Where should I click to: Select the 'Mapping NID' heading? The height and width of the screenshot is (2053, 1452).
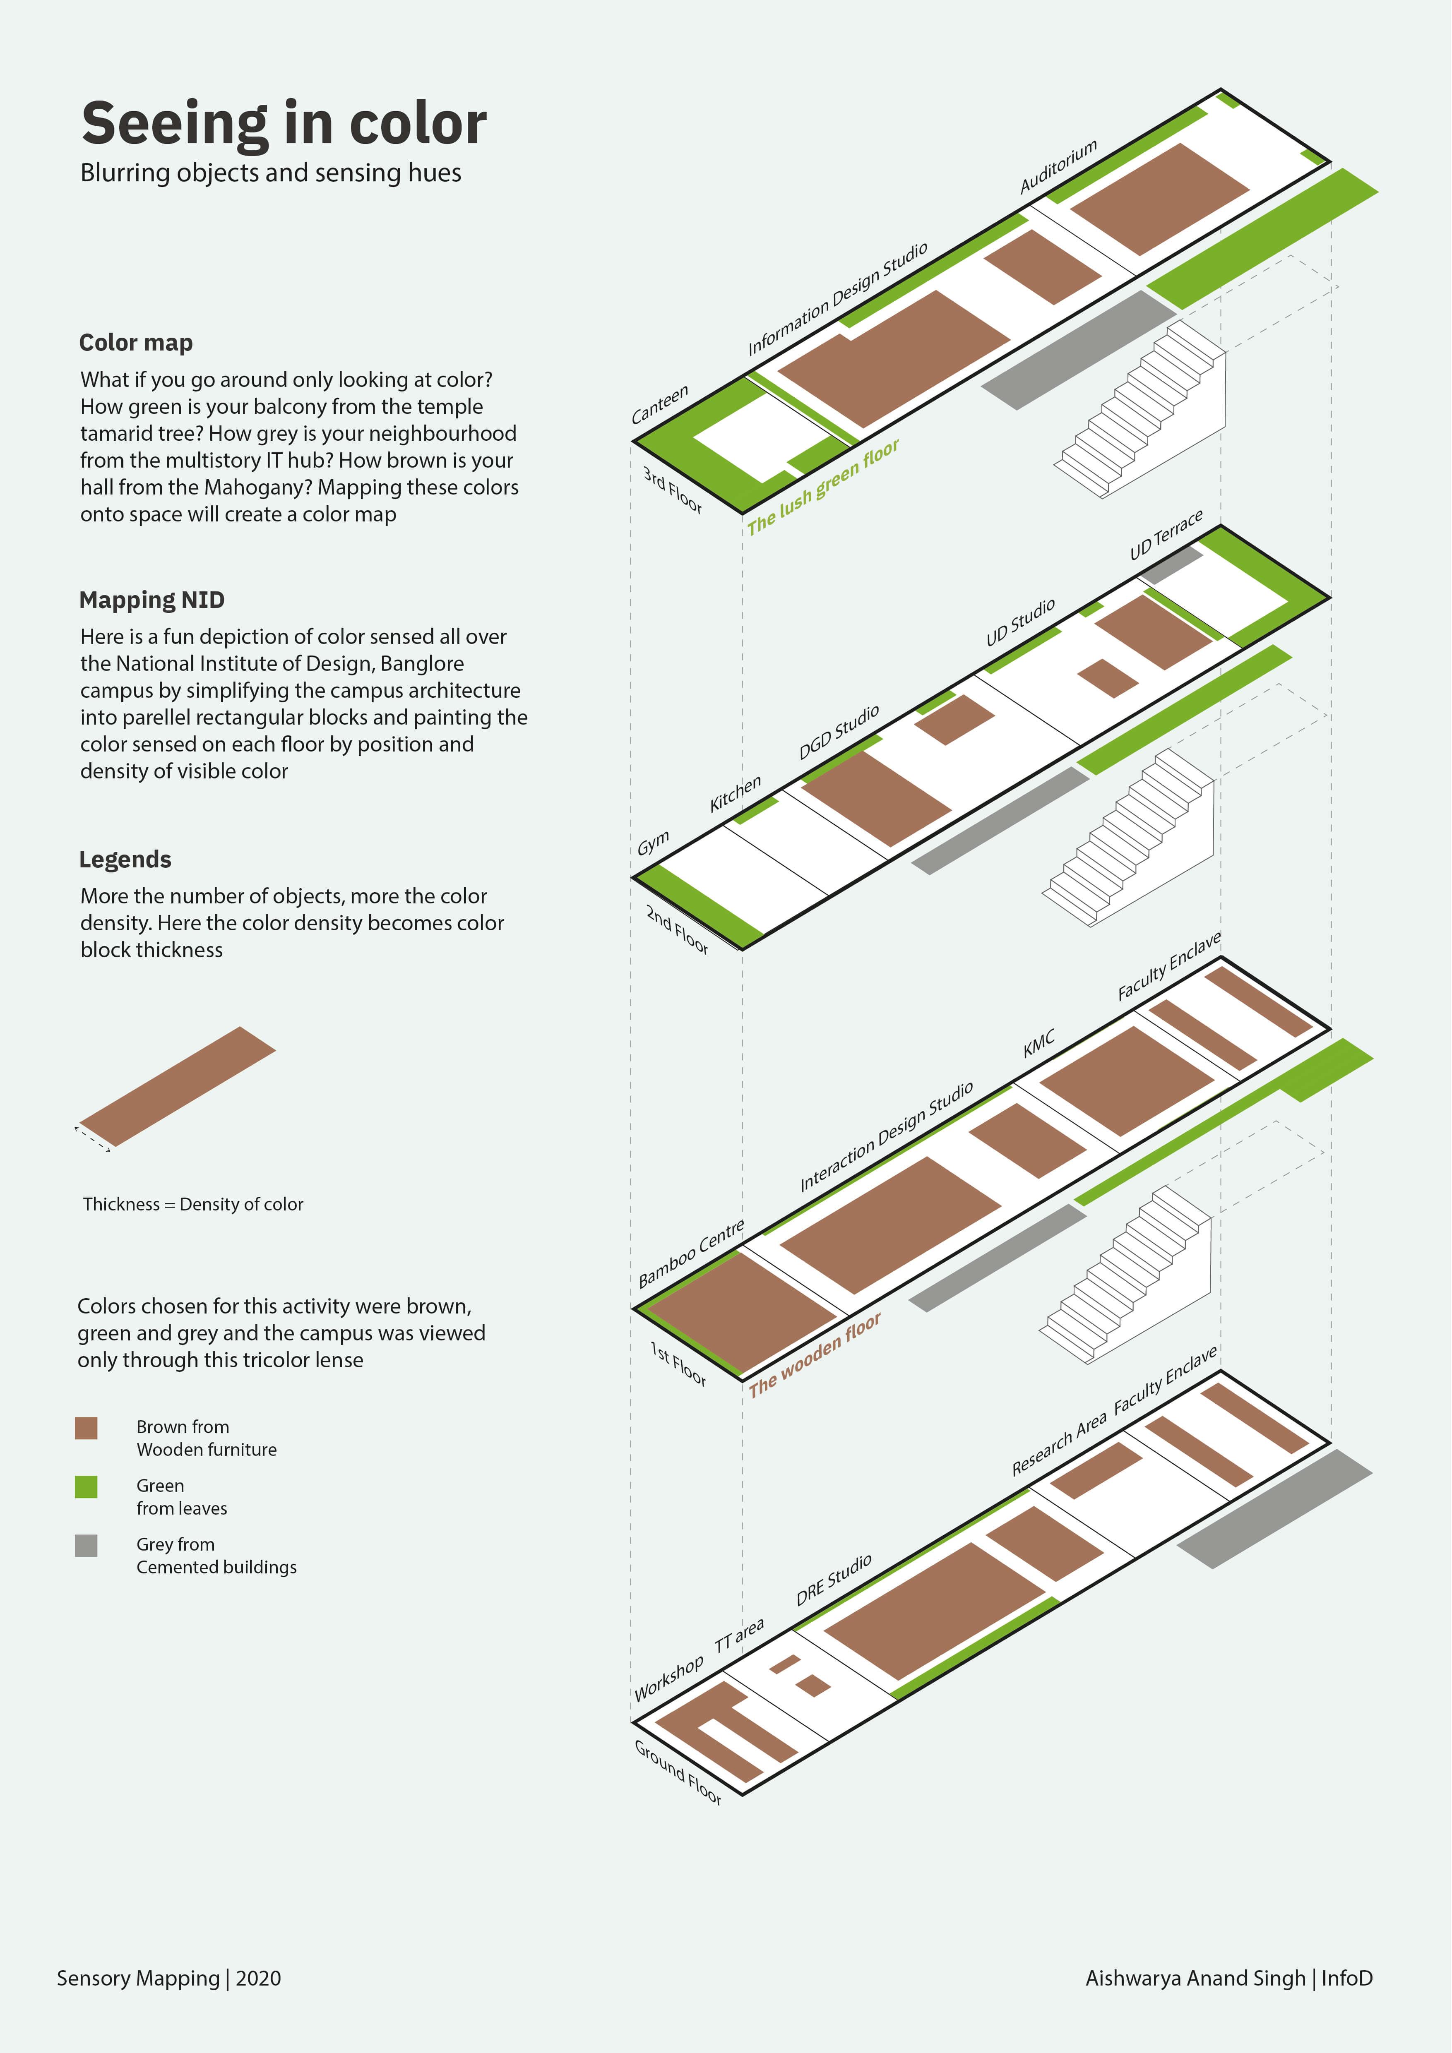[152, 600]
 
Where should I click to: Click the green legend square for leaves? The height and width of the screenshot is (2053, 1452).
[86, 1486]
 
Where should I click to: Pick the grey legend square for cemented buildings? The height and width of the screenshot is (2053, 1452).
[86, 1545]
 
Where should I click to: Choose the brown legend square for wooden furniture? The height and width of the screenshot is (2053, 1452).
[86, 1427]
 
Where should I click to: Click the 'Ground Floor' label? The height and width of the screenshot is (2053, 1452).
[678, 1772]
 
